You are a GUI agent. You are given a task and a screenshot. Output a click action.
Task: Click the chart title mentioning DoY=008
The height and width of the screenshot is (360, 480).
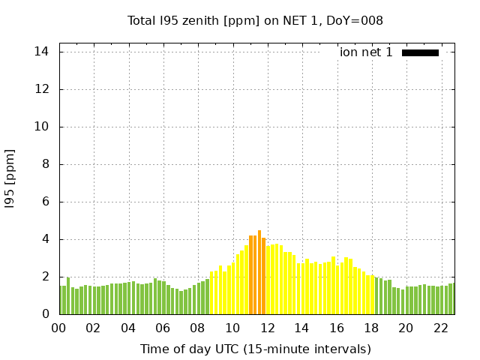255,20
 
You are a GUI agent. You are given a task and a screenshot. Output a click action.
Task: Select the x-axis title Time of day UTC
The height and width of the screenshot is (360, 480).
255,349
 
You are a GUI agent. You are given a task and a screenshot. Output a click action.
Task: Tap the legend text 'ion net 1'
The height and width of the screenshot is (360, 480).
366,52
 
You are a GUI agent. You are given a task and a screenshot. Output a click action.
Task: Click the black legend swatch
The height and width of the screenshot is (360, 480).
420,52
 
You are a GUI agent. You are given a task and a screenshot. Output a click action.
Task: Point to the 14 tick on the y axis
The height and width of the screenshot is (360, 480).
42,52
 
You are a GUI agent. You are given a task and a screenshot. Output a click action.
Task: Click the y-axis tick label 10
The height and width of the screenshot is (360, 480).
42,127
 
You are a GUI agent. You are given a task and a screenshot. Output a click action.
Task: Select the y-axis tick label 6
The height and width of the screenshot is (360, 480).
45,202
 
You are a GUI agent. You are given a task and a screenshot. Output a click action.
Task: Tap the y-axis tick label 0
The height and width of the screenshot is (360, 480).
45,314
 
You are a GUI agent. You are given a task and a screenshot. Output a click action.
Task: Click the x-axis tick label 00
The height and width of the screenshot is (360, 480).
58,328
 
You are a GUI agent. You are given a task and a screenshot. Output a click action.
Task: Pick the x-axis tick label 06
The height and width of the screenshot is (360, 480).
163,328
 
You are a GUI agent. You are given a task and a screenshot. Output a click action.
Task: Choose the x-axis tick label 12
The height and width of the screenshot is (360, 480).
267,328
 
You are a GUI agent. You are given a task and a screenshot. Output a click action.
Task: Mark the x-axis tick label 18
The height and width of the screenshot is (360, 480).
371,328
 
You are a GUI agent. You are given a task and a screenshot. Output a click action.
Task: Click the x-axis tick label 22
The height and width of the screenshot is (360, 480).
441,328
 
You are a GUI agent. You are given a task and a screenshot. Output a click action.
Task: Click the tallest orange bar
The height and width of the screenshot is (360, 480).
259,274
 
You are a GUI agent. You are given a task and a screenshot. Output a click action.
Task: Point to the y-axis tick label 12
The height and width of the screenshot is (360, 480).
42,89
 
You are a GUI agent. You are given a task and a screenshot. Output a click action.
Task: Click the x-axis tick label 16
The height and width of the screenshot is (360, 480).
337,328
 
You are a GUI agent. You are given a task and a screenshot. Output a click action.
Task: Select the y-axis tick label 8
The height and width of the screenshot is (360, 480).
45,164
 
